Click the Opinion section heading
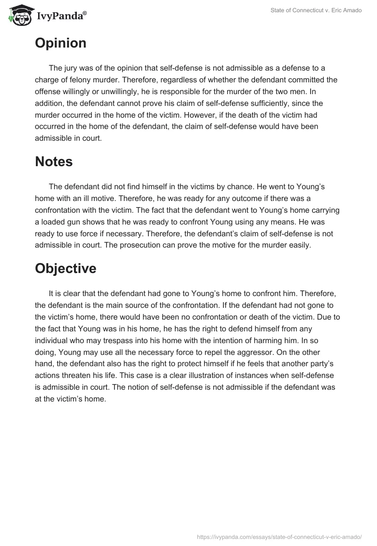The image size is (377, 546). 60,43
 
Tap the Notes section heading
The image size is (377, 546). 54,161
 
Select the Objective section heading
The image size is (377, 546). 66,268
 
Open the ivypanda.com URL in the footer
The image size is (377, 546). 279,536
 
